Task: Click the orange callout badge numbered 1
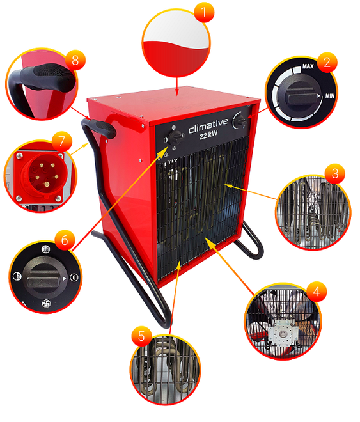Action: coord(204,12)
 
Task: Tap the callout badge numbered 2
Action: coord(327,63)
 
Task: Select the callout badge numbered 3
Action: coord(334,173)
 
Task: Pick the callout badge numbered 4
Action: coord(317,292)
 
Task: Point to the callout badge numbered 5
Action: coord(141,336)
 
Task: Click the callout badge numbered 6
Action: coord(65,240)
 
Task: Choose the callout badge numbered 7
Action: coord(62,141)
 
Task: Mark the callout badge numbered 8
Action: coord(75,59)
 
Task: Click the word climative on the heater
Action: coord(208,126)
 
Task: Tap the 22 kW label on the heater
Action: coord(208,134)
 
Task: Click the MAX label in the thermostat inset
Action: coord(308,66)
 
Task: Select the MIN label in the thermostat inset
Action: coord(330,95)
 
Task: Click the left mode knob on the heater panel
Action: coord(176,138)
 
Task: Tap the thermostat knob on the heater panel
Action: coord(240,121)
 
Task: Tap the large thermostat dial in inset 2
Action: coord(300,94)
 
